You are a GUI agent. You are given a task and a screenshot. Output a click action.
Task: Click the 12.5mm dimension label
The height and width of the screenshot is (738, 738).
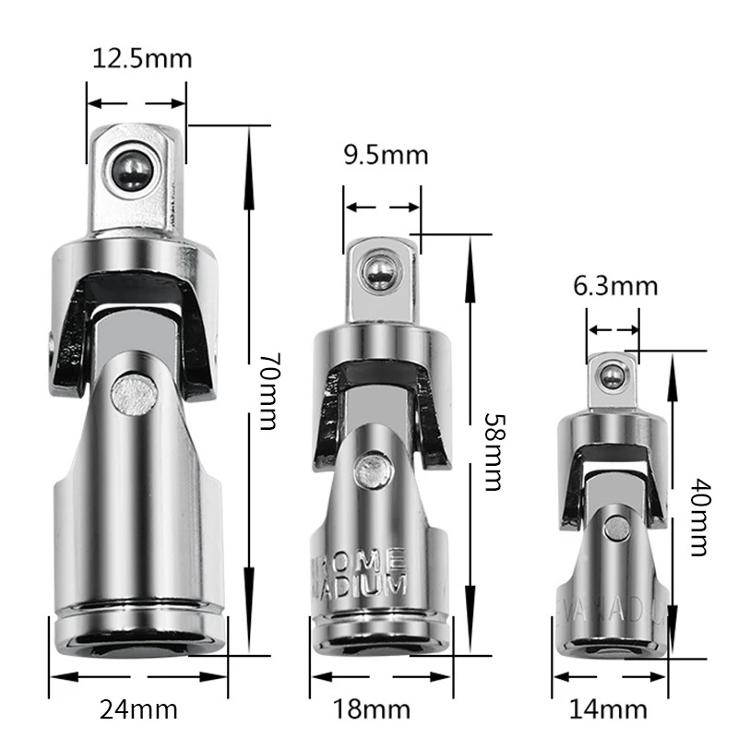[142, 58]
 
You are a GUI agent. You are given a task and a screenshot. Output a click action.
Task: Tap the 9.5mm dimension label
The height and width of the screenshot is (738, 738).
[386, 154]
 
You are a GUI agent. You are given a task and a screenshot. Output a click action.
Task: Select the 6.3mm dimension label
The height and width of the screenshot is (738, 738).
[615, 285]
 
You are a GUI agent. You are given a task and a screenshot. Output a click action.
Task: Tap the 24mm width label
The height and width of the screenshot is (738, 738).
[137, 710]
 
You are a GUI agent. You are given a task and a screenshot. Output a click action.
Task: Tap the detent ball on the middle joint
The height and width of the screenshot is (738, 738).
[376, 271]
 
